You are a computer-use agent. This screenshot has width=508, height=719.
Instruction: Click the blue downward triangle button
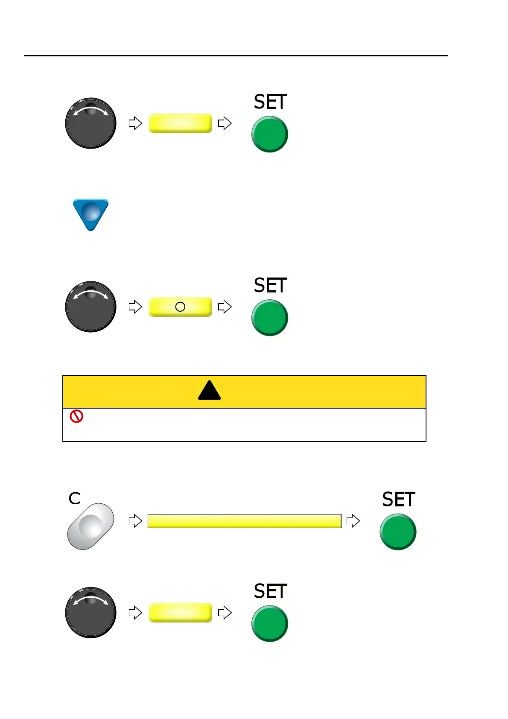pyautogui.click(x=91, y=213)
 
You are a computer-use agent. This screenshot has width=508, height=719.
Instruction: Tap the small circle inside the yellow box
pyautogui.click(x=180, y=307)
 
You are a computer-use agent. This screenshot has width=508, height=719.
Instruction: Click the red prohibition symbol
pyautogui.click(x=76, y=417)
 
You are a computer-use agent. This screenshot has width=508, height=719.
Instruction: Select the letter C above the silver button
pyautogui.click(x=74, y=498)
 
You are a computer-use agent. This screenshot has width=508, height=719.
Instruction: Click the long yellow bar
pyautogui.click(x=244, y=521)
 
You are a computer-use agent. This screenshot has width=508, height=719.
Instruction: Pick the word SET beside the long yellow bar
pyautogui.click(x=398, y=500)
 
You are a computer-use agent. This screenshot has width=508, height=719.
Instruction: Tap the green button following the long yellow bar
pyautogui.click(x=398, y=532)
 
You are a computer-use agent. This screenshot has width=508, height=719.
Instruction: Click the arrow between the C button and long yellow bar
pyautogui.click(x=135, y=520)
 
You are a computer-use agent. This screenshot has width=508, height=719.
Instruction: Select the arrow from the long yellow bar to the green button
pyautogui.click(x=353, y=521)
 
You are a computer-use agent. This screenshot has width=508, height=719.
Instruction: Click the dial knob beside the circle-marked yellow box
pyautogui.click(x=91, y=307)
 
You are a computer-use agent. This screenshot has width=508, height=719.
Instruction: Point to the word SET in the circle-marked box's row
pyautogui.click(x=270, y=285)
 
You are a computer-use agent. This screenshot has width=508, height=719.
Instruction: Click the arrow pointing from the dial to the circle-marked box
pyautogui.click(x=135, y=307)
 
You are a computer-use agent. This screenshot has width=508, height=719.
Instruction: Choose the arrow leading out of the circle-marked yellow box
pyautogui.click(x=225, y=307)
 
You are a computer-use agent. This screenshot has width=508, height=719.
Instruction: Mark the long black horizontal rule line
pyautogui.click(x=236, y=56)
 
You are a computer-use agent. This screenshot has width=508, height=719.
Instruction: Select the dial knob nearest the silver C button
pyautogui.click(x=91, y=612)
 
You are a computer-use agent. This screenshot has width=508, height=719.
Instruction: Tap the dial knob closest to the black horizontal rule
pyautogui.click(x=91, y=123)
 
